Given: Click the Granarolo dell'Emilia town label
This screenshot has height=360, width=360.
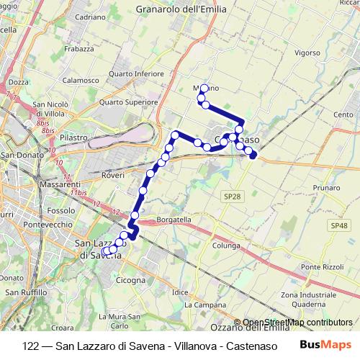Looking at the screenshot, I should point(181,9).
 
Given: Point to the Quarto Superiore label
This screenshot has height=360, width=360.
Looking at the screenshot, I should point(129,102).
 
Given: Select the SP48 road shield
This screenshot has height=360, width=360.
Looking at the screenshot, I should point(338,225).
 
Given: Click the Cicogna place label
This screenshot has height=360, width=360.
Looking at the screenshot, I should point(130,280).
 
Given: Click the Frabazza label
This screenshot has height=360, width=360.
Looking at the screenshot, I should point(78,49).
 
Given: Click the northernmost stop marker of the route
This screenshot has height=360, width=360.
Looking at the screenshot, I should point(204,89).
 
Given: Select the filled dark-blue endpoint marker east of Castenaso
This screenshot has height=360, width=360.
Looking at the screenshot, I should point(253,154).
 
